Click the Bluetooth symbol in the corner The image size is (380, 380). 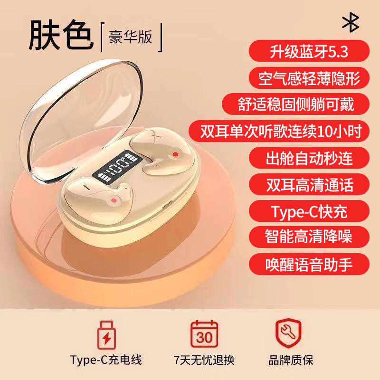(x=351, y=22)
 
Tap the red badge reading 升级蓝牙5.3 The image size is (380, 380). (x=309, y=51)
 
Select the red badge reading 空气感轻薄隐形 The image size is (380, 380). (x=309, y=78)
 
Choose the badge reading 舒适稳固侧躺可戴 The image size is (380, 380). (x=295, y=104)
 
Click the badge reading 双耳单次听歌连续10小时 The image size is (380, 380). (x=279, y=131)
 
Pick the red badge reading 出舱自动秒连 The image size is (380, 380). (x=309, y=158)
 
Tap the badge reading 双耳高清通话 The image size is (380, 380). (x=309, y=184)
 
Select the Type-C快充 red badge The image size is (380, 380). (x=309, y=211)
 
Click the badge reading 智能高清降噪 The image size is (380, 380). (x=309, y=237)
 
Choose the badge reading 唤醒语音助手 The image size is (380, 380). (x=309, y=264)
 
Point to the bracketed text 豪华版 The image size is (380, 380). (x=130, y=37)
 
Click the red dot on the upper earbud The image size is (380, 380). (x=175, y=154)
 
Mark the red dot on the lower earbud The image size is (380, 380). (x=114, y=200)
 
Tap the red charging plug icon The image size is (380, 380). (x=106, y=335)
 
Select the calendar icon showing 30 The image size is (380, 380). (x=204, y=334)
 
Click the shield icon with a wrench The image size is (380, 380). (x=288, y=333)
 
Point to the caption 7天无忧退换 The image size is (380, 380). (x=204, y=361)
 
